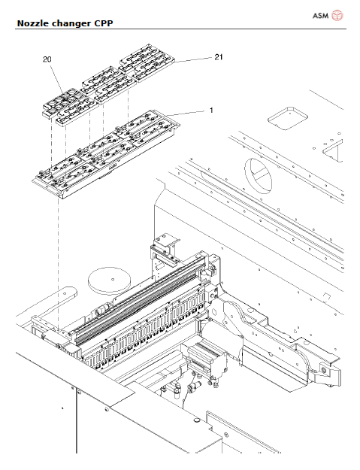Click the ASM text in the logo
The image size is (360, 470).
click(x=320, y=15)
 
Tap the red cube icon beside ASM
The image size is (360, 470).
click(x=338, y=15)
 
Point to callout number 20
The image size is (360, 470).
click(x=47, y=59)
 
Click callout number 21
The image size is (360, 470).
click(x=219, y=56)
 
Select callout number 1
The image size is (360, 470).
click(x=211, y=110)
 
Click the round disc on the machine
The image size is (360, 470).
click(x=110, y=281)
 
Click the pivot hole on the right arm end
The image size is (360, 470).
click(x=323, y=369)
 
